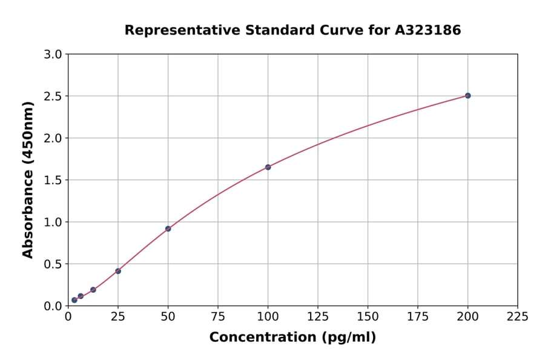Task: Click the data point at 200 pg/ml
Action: (467, 96)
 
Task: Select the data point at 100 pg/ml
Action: (268, 167)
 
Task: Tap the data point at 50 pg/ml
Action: (168, 228)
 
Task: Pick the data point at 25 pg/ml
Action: (118, 271)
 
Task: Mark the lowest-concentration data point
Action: (74, 300)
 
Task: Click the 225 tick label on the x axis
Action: (518, 317)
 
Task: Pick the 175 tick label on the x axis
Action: (418, 317)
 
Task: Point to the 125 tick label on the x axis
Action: (318, 317)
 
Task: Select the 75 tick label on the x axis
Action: (218, 317)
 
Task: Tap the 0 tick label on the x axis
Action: (68, 317)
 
